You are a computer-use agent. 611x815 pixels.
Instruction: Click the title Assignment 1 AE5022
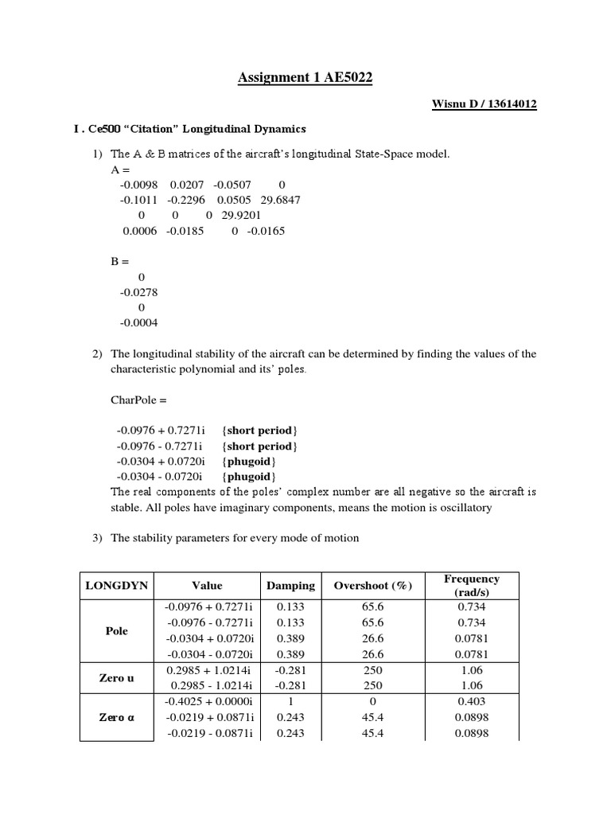305,77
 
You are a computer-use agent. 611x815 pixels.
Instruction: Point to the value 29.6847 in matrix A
281,200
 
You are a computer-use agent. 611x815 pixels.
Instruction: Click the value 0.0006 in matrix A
140,231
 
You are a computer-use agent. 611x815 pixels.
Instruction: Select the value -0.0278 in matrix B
139,292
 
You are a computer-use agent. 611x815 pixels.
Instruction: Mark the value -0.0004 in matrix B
139,322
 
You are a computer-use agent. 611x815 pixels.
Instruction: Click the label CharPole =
140,400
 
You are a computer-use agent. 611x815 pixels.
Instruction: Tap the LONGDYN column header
117,586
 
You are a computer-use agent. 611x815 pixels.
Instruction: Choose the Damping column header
290,586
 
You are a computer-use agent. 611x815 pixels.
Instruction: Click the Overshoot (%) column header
373,586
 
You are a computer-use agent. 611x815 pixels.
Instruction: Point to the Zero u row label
117,678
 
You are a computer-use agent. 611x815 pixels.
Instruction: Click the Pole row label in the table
117,630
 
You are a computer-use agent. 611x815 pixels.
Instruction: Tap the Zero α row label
117,717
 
